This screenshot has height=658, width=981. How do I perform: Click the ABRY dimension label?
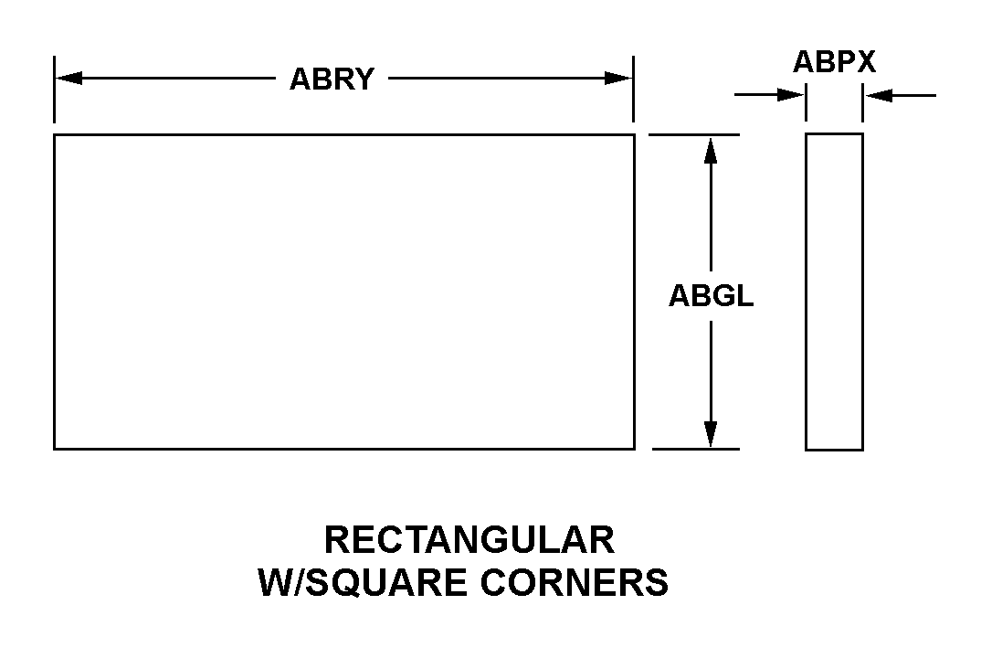(x=332, y=80)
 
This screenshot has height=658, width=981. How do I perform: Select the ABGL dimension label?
(x=711, y=296)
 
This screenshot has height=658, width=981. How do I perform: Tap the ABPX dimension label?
(x=834, y=62)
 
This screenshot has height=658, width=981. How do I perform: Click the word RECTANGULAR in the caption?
(x=469, y=540)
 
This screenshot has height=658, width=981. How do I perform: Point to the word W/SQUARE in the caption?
(x=359, y=583)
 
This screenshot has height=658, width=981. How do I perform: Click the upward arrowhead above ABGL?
(x=711, y=150)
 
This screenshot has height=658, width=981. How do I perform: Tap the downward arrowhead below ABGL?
(x=711, y=434)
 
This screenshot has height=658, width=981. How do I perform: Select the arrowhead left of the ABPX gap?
(x=790, y=94)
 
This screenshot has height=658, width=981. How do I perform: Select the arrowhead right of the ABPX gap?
(x=878, y=94)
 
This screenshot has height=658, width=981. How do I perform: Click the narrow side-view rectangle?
(x=834, y=292)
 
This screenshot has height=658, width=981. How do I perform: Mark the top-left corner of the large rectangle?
(x=55, y=135)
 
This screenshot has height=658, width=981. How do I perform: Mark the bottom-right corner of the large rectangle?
(x=634, y=449)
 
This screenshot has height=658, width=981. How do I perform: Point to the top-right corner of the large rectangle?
(x=634, y=135)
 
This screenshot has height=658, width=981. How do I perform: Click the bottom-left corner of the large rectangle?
(x=55, y=449)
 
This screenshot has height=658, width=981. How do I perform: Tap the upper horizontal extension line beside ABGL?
(x=693, y=134)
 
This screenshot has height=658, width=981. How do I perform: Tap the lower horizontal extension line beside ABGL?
(x=694, y=450)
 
